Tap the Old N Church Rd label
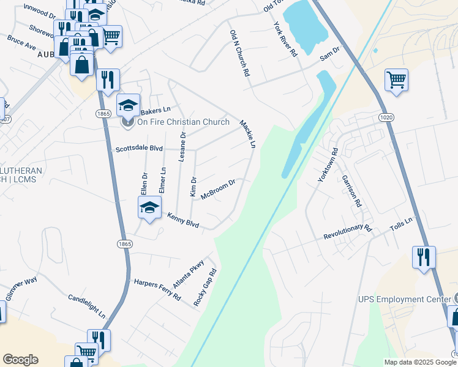(239, 53)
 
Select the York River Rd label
(285, 39)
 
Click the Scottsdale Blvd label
(139, 149)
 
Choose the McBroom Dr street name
(218, 185)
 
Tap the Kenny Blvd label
(184, 221)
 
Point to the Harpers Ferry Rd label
(157, 289)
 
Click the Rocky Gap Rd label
(205, 288)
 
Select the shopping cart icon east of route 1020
(396, 80)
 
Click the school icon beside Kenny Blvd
(149, 208)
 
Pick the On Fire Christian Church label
(182, 122)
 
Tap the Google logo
(20, 360)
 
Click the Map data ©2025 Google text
(419, 362)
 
